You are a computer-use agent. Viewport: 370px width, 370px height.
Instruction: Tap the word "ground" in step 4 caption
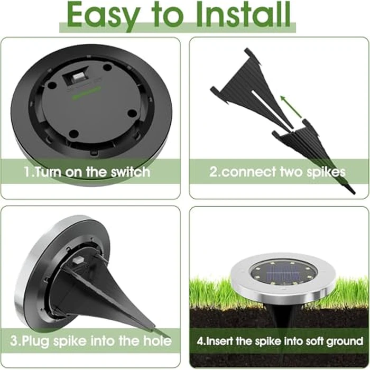[x=344, y=340]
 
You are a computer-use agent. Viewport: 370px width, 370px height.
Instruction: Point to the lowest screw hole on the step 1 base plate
[x=74, y=134]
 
